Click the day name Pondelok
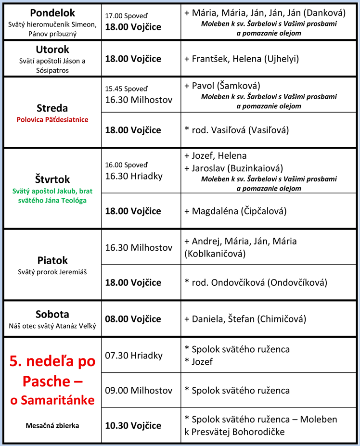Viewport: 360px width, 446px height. (52, 13)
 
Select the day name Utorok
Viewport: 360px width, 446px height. (52, 50)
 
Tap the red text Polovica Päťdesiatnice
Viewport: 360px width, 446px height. (52, 119)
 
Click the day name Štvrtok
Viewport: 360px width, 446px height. (52, 179)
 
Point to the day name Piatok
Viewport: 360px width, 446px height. (52, 261)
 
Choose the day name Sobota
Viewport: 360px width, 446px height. (52, 315)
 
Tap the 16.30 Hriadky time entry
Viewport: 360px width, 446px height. (134, 176)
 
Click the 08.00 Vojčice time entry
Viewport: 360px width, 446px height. (133, 319)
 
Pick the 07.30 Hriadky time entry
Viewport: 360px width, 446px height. (134, 356)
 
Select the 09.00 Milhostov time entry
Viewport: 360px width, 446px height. (139, 390)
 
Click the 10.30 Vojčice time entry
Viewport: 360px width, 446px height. (133, 425)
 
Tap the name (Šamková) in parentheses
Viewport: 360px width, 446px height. (238, 86)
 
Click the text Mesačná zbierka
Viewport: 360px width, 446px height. (52, 425)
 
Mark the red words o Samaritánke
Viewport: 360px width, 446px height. (52, 400)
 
